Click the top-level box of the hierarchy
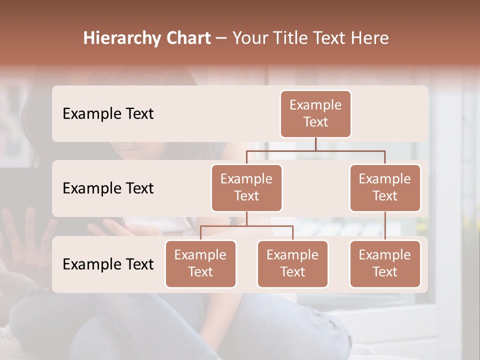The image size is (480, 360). [x=315, y=113]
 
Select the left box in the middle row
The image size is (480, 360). [x=246, y=187]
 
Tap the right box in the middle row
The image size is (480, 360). [x=385, y=187]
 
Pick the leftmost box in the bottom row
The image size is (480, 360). [x=200, y=263]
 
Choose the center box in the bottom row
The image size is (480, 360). [x=292, y=263]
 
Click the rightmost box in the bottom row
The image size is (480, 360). [x=385, y=263]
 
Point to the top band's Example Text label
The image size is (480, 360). [x=108, y=113]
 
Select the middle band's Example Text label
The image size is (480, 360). [x=108, y=188]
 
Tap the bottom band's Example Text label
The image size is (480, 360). [x=108, y=264]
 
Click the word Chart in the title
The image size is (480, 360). [x=186, y=38]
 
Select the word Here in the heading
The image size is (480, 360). [x=371, y=38]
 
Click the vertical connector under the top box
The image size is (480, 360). [x=315, y=144]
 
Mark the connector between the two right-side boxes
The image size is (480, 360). [x=385, y=226]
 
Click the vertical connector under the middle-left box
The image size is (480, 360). [x=246, y=219]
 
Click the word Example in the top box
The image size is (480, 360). [x=315, y=105]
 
